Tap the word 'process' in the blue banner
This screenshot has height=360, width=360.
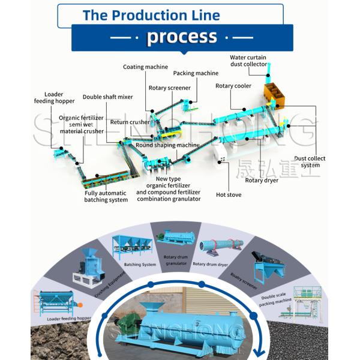182,37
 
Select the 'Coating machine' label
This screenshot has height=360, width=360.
145,67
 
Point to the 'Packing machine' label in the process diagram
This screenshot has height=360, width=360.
196,73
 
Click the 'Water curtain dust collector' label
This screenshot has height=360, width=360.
248,61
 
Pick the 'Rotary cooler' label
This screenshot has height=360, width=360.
233,86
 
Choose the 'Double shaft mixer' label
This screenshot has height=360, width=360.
108,97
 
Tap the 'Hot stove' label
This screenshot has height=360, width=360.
228,194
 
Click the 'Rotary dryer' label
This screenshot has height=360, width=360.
262,180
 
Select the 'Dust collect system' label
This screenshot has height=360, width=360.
310,162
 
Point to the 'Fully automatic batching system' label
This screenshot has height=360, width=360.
106,196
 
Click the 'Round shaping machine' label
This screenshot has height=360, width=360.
167,145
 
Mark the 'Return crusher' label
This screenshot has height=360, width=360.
130,122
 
